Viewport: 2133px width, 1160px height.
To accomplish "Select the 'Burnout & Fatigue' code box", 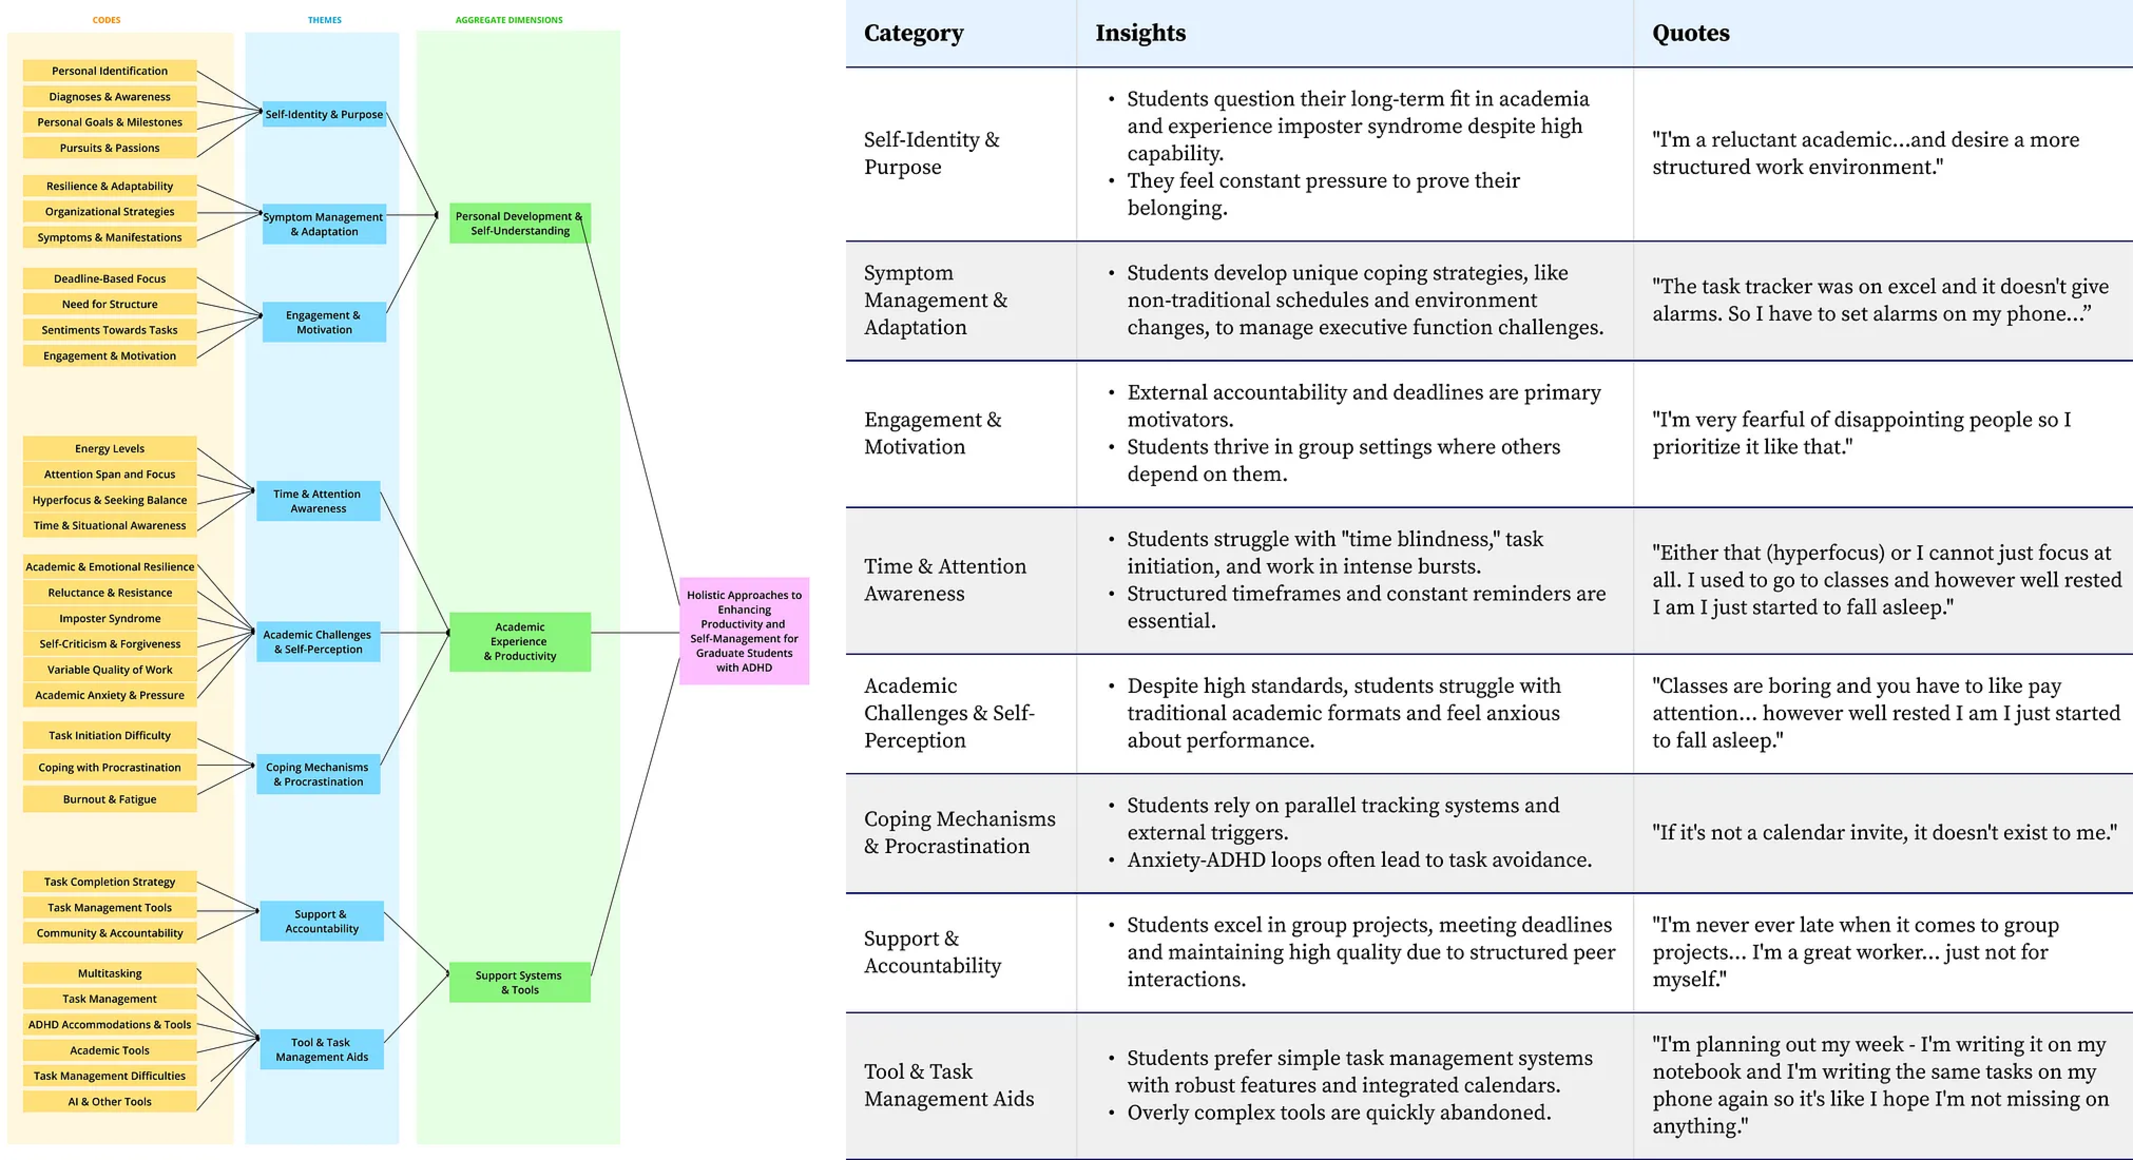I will tap(109, 799).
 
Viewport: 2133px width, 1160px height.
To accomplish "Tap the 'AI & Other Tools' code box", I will tap(109, 1101).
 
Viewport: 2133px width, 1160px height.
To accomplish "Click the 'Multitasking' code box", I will tap(109, 973).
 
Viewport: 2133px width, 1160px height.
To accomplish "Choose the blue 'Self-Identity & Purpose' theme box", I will tap(324, 114).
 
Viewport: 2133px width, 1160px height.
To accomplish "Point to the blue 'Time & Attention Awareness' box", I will tap(318, 501).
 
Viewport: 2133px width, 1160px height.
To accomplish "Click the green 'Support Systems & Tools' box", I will tap(519, 982).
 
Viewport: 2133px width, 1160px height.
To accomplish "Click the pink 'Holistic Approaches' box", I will tap(743, 631).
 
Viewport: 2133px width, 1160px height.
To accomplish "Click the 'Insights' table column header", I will tap(1140, 33).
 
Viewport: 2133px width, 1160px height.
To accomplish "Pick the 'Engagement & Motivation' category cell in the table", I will tap(932, 433).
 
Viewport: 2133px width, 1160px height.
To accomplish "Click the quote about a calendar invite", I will tap(1884, 832).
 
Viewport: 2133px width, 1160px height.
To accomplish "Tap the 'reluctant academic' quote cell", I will tap(1865, 153).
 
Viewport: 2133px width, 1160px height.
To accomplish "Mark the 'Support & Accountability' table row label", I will tap(932, 952).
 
